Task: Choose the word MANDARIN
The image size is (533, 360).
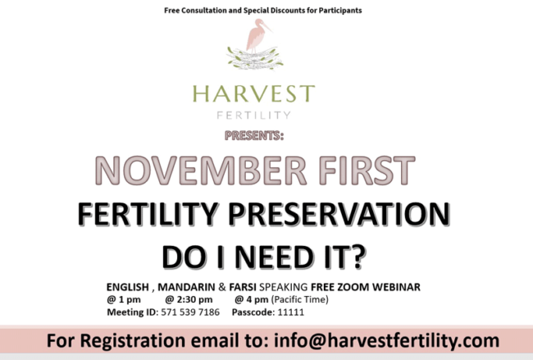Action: [188, 287]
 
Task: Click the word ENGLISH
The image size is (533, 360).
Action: [130, 287]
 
